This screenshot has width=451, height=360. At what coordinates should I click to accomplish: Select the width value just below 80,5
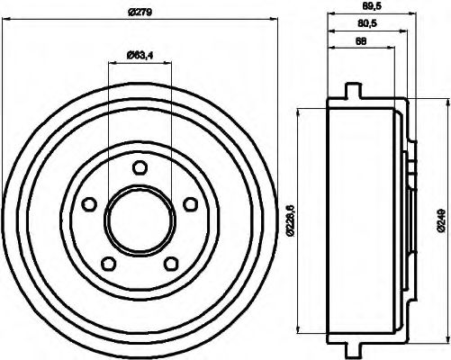(x=361, y=41)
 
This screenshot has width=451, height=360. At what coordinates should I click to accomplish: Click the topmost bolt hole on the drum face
(x=139, y=166)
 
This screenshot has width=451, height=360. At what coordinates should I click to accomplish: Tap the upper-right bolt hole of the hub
(x=190, y=204)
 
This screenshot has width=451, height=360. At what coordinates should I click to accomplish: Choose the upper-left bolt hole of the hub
(x=87, y=204)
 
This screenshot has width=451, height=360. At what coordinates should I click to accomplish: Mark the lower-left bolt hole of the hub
(x=107, y=264)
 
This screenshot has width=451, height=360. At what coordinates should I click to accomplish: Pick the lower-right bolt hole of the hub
(x=170, y=264)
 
